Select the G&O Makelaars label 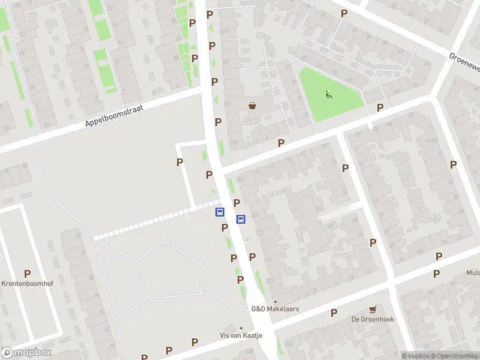[x=275, y=309]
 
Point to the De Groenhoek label [x=373, y=319]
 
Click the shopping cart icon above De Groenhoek [x=373, y=310]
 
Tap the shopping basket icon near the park [x=253, y=106]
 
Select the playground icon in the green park [x=328, y=94]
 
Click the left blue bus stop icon [x=220, y=212]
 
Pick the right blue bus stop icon [x=241, y=219]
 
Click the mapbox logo [x=26, y=353]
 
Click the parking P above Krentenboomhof [x=27, y=274]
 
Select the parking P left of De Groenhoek [x=334, y=312]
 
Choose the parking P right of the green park [x=380, y=107]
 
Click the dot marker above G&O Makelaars [x=275, y=301]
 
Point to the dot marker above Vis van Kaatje [x=241, y=328]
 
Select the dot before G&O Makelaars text [x=275, y=301]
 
